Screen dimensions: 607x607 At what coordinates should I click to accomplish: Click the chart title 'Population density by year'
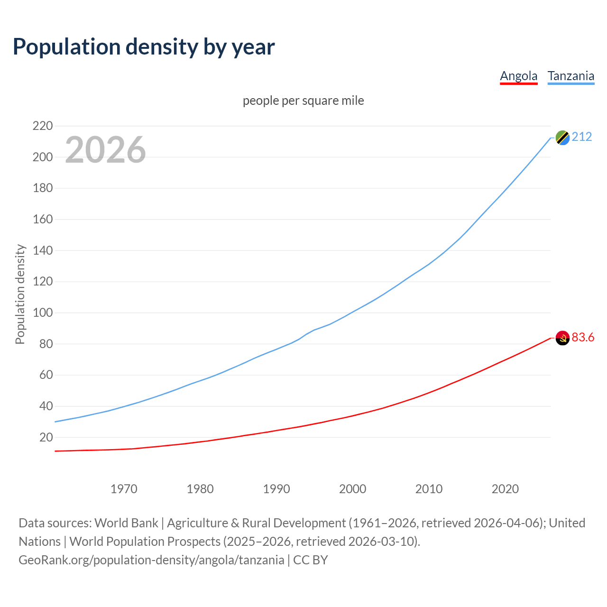(144, 47)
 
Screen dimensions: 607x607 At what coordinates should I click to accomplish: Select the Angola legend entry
(518, 76)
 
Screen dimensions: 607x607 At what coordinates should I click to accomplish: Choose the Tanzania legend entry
(570, 76)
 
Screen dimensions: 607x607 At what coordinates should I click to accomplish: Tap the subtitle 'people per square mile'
(303, 101)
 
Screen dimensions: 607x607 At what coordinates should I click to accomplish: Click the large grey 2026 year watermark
(105, 150)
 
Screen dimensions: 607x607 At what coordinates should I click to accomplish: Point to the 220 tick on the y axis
(43, 126)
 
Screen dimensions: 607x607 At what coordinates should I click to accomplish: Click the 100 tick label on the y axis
(43, 313)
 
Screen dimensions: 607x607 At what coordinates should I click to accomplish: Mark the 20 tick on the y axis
(46, 437)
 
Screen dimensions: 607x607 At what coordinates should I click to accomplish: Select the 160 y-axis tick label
(43, 220)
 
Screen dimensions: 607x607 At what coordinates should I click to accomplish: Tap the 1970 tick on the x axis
(124, 489)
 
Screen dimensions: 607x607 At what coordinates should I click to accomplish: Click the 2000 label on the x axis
(352, 489)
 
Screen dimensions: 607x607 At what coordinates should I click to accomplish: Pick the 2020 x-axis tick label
(505, 489)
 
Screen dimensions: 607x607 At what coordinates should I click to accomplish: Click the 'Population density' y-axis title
(20, 294)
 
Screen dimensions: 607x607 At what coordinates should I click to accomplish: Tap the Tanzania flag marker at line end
(562, 138)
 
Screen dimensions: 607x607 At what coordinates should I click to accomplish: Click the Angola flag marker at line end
(562, 338)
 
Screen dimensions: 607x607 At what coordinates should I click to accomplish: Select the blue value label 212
(582, 137)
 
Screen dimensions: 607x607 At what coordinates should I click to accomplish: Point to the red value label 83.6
(583, 338)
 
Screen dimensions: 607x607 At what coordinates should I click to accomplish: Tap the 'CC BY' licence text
(311, 560)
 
